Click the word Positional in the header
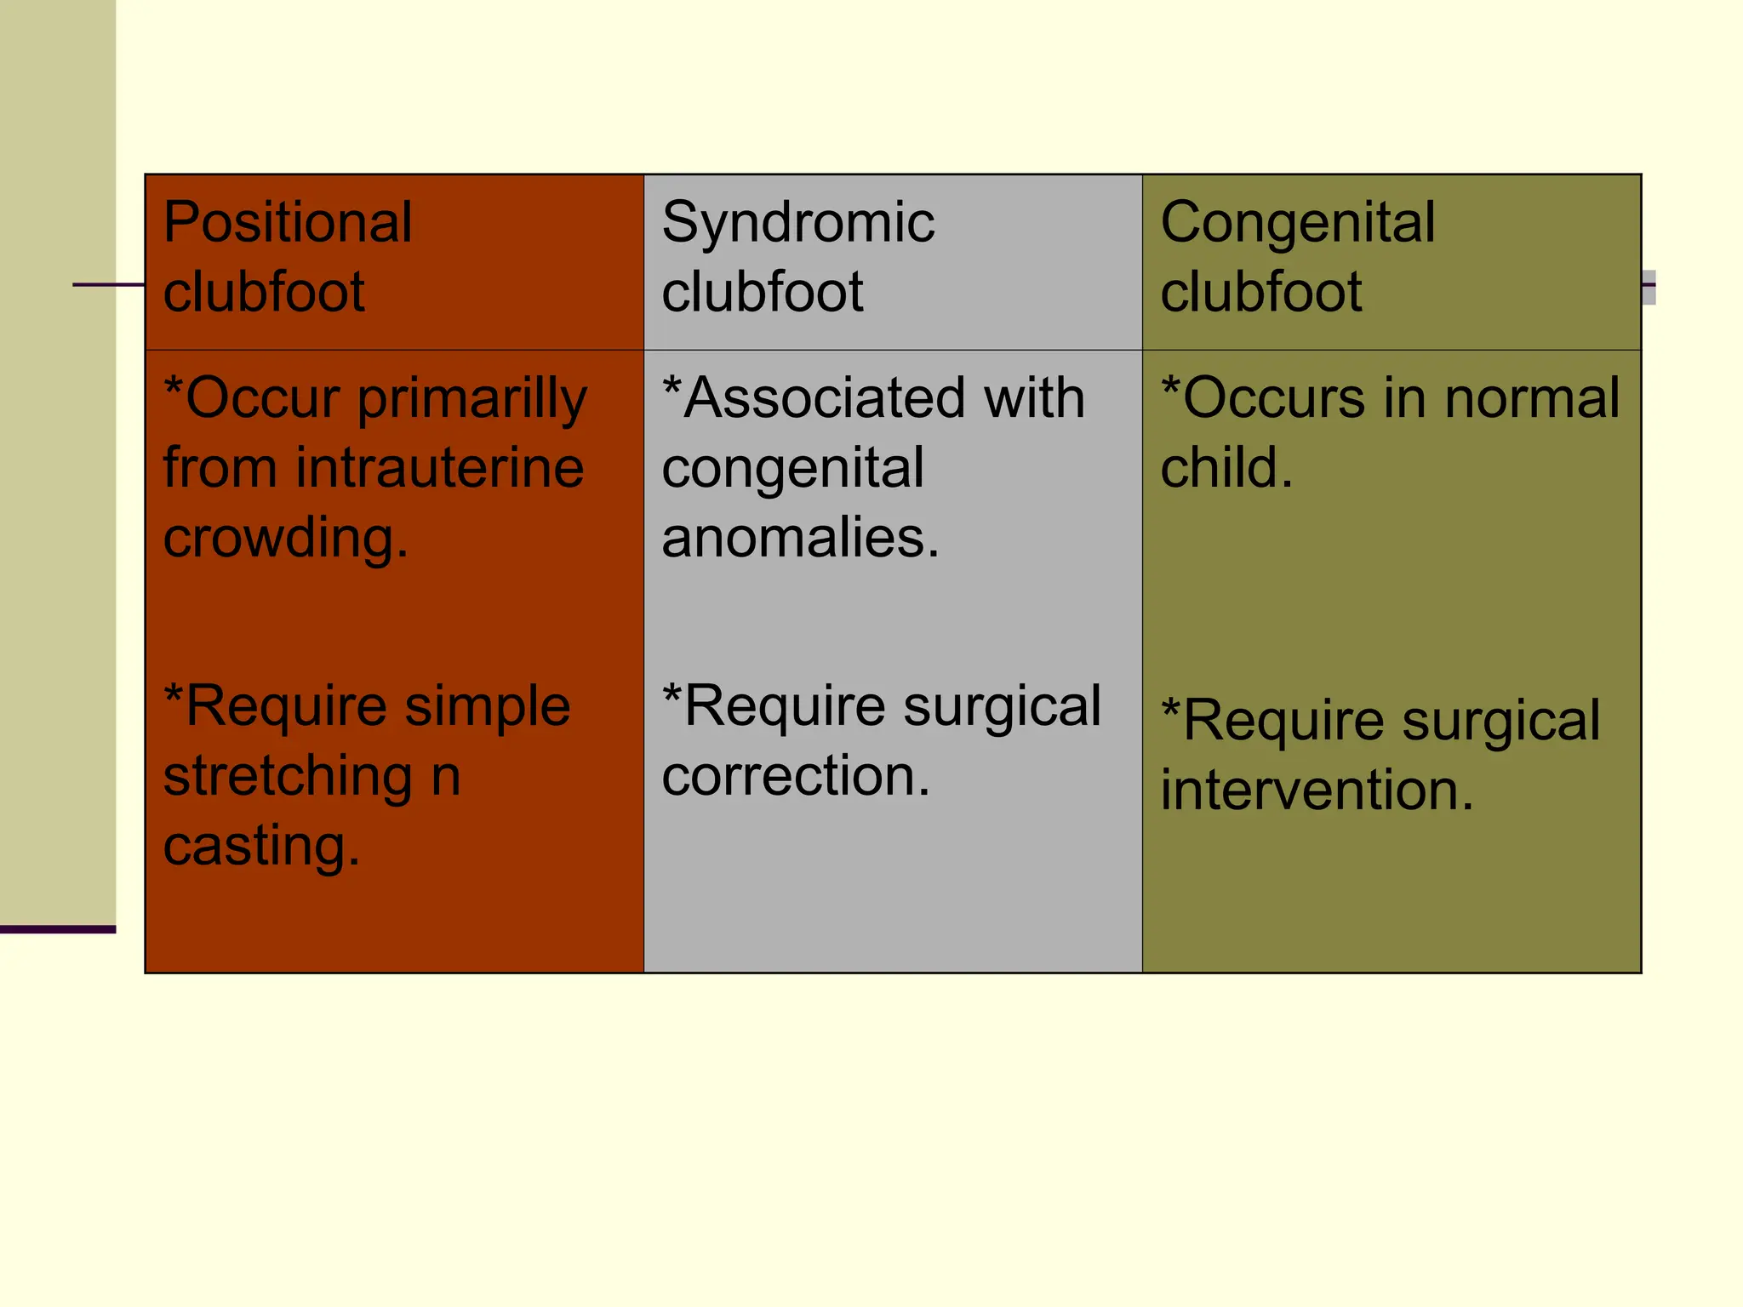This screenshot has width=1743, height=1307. coord(288,223)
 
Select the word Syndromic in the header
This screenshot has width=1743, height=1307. coord(797,223)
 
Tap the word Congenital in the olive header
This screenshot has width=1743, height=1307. coord(1297,223)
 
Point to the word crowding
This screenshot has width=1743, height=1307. coord(285,539)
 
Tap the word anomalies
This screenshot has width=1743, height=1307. coord(800,538)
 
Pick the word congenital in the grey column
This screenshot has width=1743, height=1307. coord(792,470)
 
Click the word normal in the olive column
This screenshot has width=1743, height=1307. coord(1532,397)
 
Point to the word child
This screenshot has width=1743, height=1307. coord(1226,468)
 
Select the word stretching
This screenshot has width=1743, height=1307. coord(288,778)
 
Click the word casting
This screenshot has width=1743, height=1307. coord(261,848)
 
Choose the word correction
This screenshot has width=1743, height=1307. coord(796,776)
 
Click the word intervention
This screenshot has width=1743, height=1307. coord(1317,790)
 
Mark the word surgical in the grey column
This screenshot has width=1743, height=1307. coord(1002,708)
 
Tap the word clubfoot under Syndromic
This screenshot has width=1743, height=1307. coord(762,292)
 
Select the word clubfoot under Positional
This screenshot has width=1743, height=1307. coord(264,292)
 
